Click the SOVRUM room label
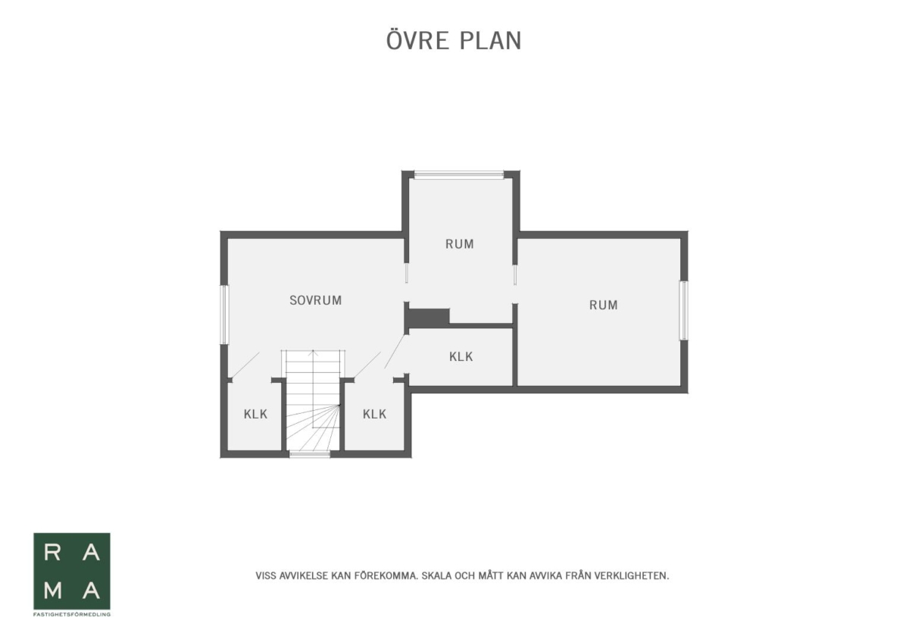(x=315, y=300)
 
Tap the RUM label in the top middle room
(x=459, y=244)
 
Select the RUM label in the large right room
(x=604, y=305)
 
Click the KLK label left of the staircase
(x=256, y=414)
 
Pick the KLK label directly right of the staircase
(x=374, y=414)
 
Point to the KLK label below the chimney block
(x=461, y=356)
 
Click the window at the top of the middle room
(x=459, y=175)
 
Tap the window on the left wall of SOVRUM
(x=224, y=315)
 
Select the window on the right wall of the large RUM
(x=684, y=311)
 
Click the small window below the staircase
(x=310, y=454)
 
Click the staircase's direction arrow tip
(x=313, y=351)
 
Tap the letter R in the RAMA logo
(x=52, y=553)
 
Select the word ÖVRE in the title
(x=417, y=40)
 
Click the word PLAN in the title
(x=490, y=41)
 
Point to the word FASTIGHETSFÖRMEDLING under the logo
(x=72, y=615)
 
